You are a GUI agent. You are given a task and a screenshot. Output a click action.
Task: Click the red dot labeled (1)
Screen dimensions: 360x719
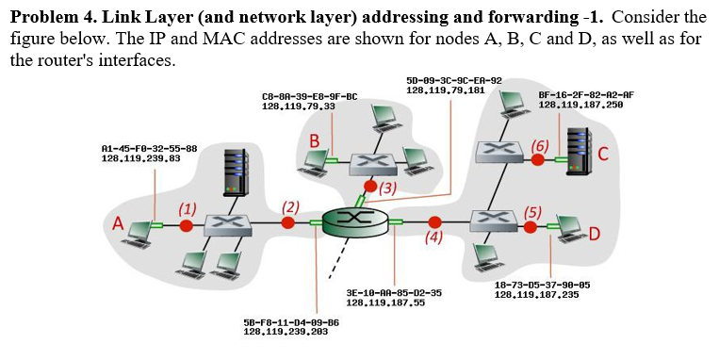(187, 225)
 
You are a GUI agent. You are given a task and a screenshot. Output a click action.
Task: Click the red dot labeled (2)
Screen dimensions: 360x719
(288, 223)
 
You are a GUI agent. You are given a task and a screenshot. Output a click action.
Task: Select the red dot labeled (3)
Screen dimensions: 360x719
(371, 187)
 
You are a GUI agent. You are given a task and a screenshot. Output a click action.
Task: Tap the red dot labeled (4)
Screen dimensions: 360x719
(434, 222)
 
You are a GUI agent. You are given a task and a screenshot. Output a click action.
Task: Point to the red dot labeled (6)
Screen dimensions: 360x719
(537, 160)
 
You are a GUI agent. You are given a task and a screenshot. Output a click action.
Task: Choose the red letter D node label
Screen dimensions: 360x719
(595, 234)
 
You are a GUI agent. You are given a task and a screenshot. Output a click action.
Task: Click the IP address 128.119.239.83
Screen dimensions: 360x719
(140, 158)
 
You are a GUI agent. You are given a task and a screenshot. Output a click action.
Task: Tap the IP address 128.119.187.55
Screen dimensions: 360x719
(385, 303)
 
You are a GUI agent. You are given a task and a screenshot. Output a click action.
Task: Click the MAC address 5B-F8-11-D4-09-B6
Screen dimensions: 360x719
(290, 322)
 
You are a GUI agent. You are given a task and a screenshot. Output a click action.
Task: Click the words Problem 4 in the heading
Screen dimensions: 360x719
(47, 16)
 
